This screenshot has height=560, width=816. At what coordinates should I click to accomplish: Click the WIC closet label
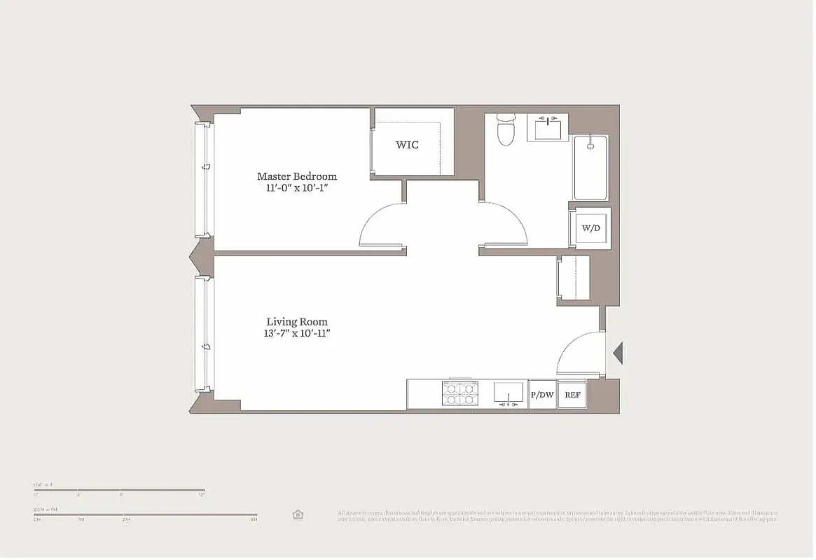pyautogui.click(x=407, y=145)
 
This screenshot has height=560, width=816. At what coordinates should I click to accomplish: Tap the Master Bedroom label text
pyautogui.click(x=296, y=176)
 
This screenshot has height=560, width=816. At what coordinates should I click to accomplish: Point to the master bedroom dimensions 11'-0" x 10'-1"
pyautogui.click(x=296, y=188)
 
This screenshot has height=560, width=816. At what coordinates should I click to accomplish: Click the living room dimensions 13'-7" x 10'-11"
pyautogui.click(x=293, y=334)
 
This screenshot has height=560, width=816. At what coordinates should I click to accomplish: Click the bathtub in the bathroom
pyautogui.click(x=590, y=168)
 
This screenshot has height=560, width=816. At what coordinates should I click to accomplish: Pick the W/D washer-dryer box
pyautogui.click(x=590, y=227)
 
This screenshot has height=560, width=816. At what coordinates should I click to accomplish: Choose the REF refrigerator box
pyautogui.click(x=572, y=395)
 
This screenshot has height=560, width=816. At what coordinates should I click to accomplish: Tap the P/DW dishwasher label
pyautogui.click(x=542, y=395)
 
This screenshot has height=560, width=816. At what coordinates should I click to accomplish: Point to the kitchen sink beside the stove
pyautogui.click(x=509, y=393)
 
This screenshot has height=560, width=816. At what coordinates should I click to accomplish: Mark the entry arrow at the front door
pyautogui.click(x=617, y=353)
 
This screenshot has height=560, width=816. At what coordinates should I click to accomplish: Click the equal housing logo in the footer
pyautogui.click(x=298, y=514)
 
